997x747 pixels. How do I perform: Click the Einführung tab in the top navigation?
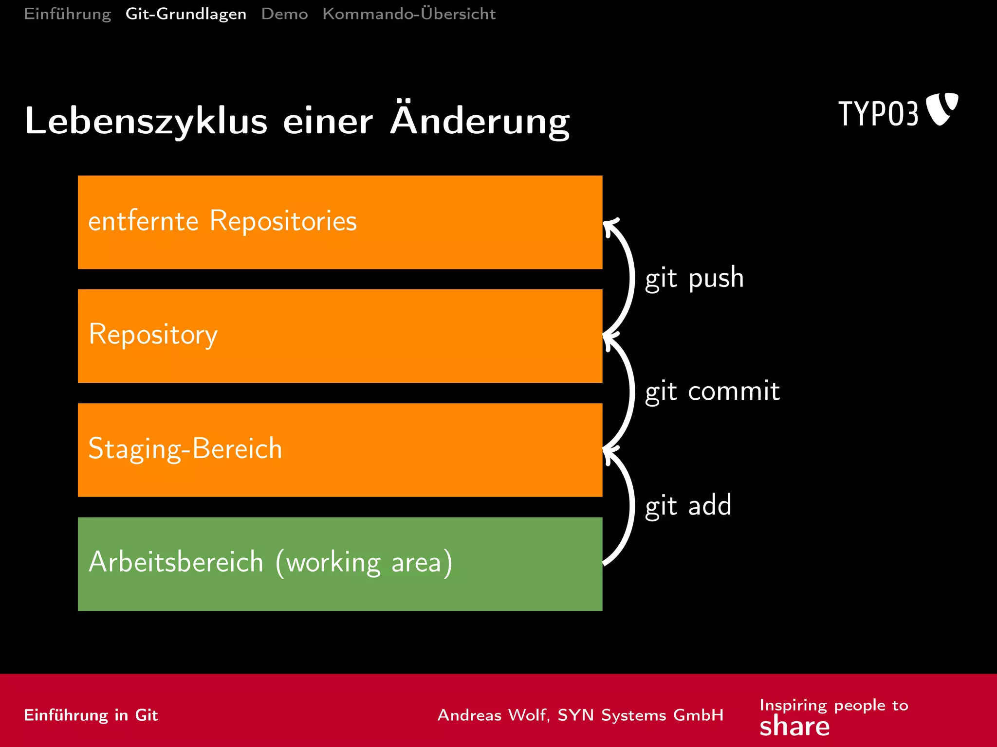pos(68,14)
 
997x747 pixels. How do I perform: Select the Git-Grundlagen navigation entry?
pos(186,14)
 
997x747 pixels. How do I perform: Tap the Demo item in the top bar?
pos(284,14)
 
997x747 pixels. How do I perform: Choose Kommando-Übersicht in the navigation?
pos(409,14)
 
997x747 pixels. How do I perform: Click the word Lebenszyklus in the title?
pos(146,121)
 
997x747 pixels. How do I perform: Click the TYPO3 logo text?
pos(878,114)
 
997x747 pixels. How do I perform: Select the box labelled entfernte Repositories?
pos(340,222)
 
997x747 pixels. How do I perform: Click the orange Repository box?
pos(340,336)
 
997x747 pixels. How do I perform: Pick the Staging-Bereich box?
pos(340,450)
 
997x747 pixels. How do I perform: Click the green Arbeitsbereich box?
pos(340,564)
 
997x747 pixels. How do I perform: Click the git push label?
pos(694,278)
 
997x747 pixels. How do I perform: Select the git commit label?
pos(712,391)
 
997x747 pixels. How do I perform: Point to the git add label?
pos(688,505)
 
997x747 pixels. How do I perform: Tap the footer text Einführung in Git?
pos(91,715)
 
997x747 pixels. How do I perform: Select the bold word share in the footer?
pos(794,727)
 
